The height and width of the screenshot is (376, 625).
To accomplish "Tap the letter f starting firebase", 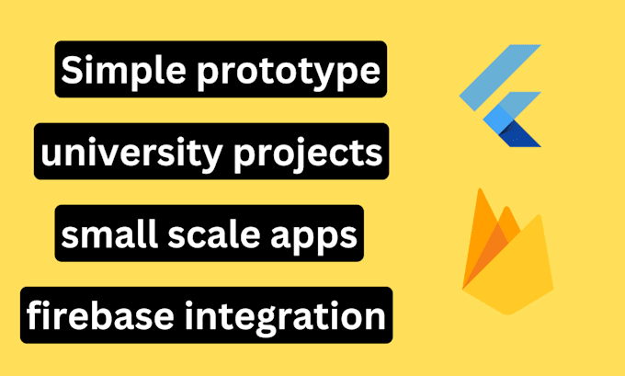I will point(35,315).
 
